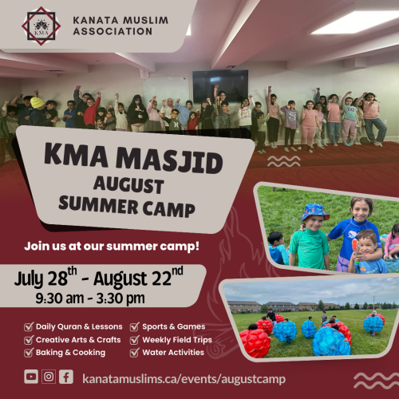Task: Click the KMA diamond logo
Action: pyautogui.click(x=41, y=26)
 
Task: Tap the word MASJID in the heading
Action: pyautogui.click(x=169, y=160)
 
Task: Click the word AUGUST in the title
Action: pyautogui.click(x=128, y=184)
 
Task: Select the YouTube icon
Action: pyautogui.click(x=31, y=377)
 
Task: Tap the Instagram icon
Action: pyautogui.click(x=49, y=377)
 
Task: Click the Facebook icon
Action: pyautogui.click(x=66, y=377)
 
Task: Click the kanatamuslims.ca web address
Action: pyautogui.click(x=184, y=379)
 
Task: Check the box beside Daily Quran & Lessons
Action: pyautogui.click(x=29, y=326)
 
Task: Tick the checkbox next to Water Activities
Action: pyautogui.click(x=135, y=352)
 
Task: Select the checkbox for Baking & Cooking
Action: pyautogui.click(x=29, y=352)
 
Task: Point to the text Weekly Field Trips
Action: pyautogui.click(x=177, y=340)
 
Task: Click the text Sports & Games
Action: pyautogui.click(x=174, y=326)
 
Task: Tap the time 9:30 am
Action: pyautogui.click(x=60, y=298)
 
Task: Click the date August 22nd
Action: pyautogui.click(x=138, y=277)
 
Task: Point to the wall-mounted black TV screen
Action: pyautogui.click(x=220, y=85)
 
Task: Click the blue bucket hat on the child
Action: pyautogui.click(x=314, y=211)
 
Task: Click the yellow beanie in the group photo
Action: pyautogui.click(x=37, y=103)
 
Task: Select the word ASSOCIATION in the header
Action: pyautogui.click(x=113, y=31)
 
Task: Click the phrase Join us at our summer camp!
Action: pyautogui.click(x=112, y=247)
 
